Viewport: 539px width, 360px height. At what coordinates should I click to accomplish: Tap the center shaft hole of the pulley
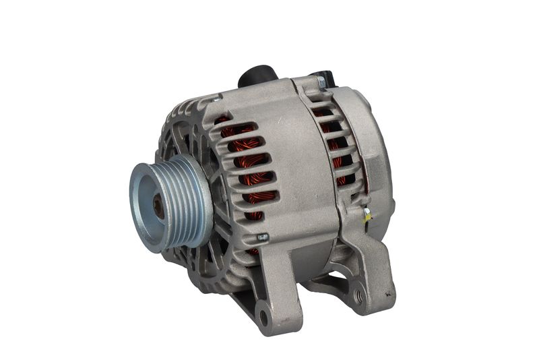coord(159,206)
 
